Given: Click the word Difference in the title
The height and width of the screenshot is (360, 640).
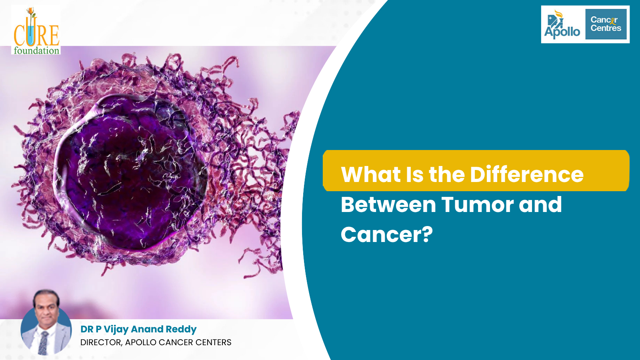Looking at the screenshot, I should (x=527, y=174).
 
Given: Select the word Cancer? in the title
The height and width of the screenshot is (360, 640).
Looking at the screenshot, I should (x=386, y=234).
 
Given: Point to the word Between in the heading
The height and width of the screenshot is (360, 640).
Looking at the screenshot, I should (x=388, y=204).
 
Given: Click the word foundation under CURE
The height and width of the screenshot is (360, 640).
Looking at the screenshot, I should (x=36, y=50).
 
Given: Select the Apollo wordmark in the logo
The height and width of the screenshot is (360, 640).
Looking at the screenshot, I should (x=562, y=32).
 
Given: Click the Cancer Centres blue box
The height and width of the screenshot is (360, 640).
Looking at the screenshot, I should (x=606, y=24).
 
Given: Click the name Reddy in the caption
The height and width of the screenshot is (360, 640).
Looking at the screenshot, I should (x=181, y=329).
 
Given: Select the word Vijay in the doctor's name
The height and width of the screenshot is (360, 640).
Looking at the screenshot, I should (x=116, y=329).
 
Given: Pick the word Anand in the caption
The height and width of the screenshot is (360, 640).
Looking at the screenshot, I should (x=147, y=329).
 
